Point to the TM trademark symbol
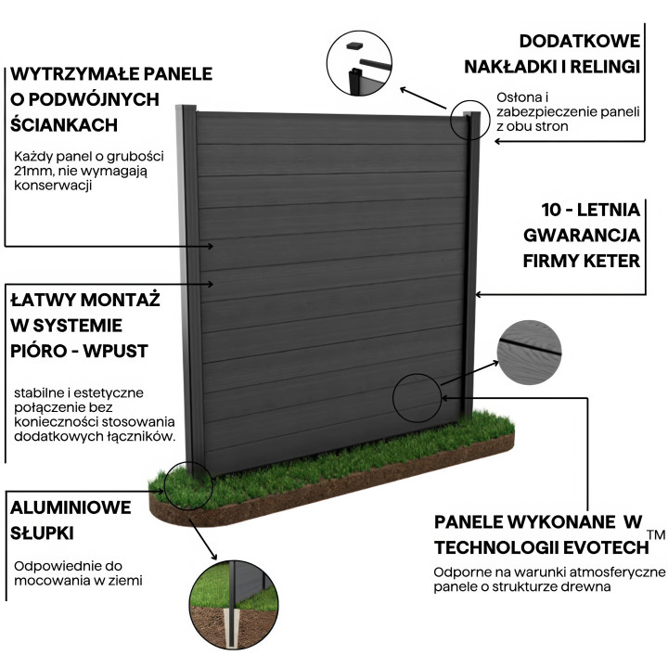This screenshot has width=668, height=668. click(656, 535)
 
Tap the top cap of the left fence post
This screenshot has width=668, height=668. click(188, 109)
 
